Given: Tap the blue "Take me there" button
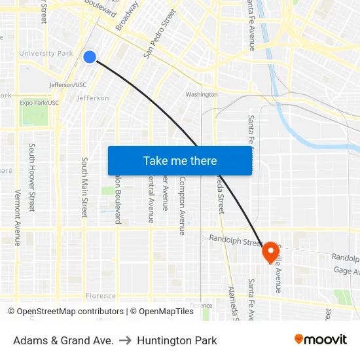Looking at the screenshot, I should coord(180,160).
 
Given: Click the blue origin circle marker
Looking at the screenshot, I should coord(90,57).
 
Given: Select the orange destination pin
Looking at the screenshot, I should coord(270,252).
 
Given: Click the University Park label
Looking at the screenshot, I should coord(46,53).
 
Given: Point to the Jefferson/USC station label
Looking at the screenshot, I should coord(68,84).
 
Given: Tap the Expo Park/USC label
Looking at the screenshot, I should coord(39,103).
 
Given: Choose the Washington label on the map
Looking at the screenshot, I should coord(202,94).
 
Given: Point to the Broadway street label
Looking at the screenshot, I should coord(127,16).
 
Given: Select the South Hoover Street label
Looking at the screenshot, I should coord(31,177).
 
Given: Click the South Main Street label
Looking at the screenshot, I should coord(84,187).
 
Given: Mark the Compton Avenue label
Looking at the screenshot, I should coord(183,206).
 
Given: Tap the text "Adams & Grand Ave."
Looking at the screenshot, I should coord(63,340).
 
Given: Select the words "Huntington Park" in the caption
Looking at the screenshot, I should coord(177,340).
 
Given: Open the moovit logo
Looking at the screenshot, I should coord(321,339).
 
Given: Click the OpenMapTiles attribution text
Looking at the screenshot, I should coord(162,312).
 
